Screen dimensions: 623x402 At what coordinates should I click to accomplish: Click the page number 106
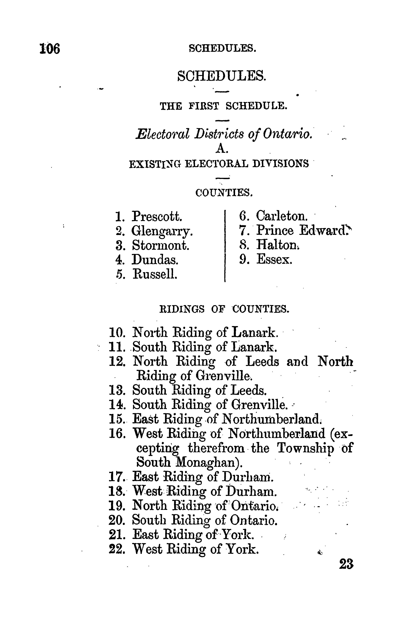pos(50,49)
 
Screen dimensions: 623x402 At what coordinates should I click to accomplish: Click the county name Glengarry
pos(162,231)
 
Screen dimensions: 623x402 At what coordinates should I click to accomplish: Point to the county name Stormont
pos(160,245)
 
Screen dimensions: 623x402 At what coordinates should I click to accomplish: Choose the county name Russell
pos(155,274)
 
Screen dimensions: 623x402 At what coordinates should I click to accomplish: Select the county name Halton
pos(277,245)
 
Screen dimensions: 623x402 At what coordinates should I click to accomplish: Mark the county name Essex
pos(274,260)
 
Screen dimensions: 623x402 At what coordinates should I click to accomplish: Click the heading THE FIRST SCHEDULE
pos(223,106)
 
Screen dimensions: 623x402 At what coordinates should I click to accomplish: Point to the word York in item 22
pos(242,549)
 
